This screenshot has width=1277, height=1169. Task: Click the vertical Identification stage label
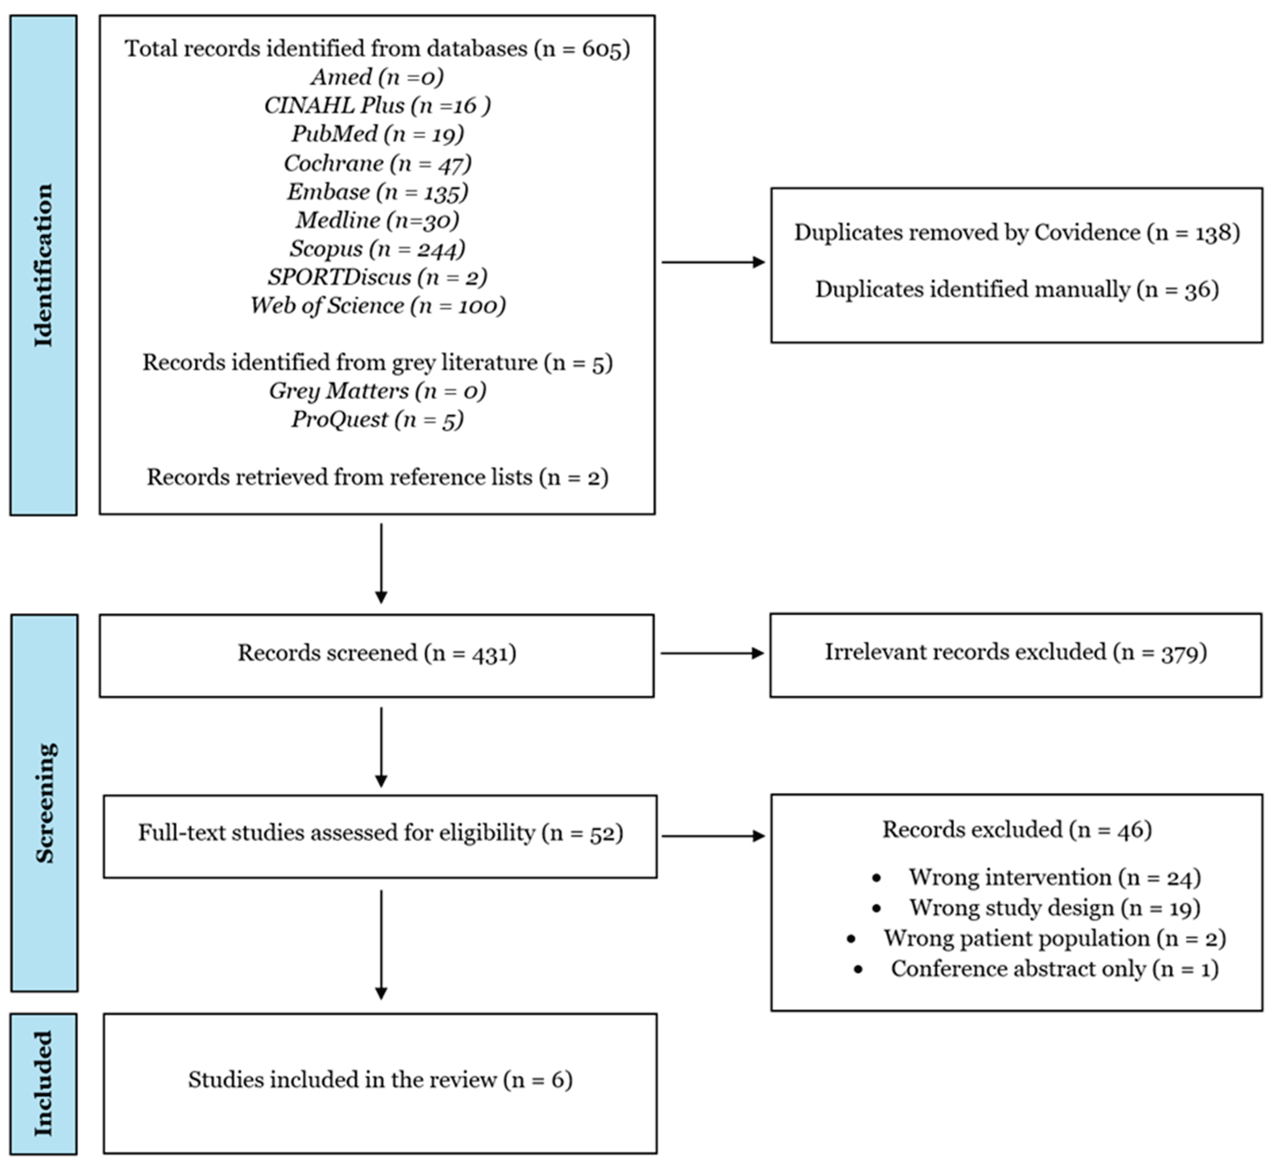click(x=43, y=265)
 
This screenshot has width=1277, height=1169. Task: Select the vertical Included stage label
click(x=43, y=1083)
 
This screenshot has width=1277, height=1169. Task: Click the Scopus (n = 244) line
click(x=377, y=249)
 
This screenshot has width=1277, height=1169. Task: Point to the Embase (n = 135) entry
click(x=377, y=191)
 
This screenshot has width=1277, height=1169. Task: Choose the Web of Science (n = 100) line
click(x=377, y=305)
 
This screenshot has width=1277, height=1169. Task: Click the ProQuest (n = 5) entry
click(x=377, y=419)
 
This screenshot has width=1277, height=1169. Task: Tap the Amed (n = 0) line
click(x=377, y=77)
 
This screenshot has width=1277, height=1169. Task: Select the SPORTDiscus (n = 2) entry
click(x=377, y=277)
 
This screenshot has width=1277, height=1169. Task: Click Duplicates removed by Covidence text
click(x=1017, y=232)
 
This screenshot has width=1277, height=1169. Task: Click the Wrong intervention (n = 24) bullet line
click(x=1055, y=877)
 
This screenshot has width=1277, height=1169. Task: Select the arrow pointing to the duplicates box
click(x=713, y=262)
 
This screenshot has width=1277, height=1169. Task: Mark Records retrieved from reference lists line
click(x=377, y=477)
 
